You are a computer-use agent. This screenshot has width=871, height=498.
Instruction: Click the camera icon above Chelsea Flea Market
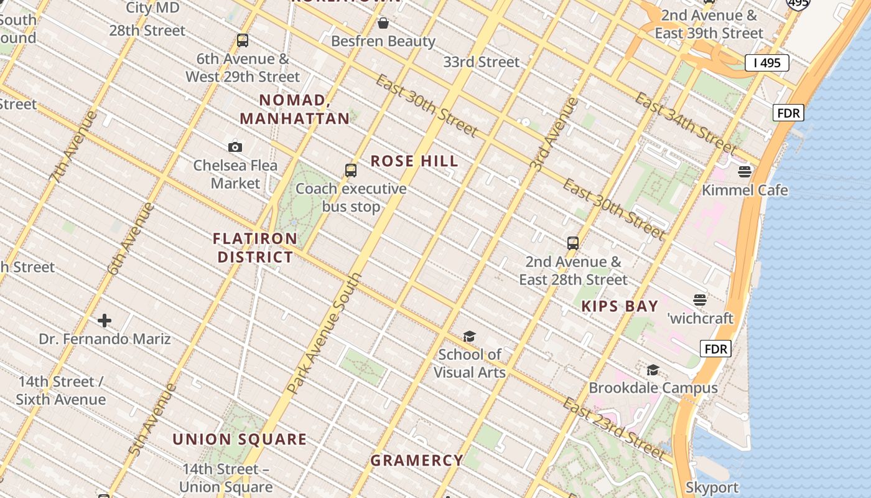tap(235, 148)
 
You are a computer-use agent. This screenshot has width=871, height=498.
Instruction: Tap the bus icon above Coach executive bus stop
tap(351, 171)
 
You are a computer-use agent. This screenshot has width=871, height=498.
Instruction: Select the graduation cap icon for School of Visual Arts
tap(469, 337)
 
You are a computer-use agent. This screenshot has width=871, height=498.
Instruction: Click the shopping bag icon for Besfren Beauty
tap(383, 24)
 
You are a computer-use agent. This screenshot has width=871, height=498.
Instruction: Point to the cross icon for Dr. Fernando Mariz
tap(105, 321)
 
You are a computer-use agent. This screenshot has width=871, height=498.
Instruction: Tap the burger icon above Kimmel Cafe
tap(745, 172)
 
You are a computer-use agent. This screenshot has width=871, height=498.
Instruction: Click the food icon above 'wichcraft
tap(700, 300)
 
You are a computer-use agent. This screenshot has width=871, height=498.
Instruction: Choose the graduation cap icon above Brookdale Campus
tap(653, 370)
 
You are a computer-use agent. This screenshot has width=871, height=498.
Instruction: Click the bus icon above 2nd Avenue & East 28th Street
tap(573, 243)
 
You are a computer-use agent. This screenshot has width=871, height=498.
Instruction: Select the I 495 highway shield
tap(767, 63)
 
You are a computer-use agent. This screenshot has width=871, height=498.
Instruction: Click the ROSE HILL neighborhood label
tap(414, 161)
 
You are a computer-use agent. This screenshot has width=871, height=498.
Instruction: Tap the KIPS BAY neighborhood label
tap(620, 306)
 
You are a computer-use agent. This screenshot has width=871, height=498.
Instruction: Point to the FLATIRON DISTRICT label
tap(255, 248)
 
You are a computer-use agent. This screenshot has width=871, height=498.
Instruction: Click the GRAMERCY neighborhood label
tap(417, 461)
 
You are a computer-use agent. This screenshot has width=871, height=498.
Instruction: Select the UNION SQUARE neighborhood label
tap(240, 439)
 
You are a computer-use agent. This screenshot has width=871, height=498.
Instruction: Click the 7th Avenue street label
tap(73, 147)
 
